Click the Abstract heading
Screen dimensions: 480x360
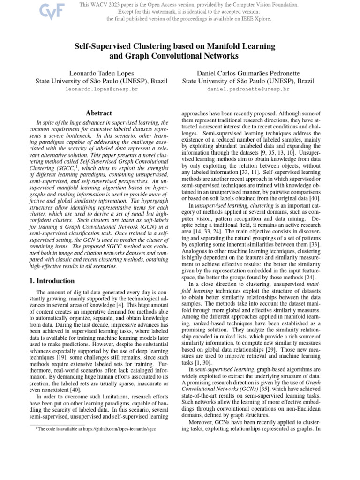pyautogui.click(x=98, y=113)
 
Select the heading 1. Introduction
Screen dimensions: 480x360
pyautogui.click(x=49, y=281)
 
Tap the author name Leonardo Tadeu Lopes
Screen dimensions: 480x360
pyautogui.click(x=101, y=73)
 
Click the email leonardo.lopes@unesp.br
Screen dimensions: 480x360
pyautogui.click(x=101, y=89)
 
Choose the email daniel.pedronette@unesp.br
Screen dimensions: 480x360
pyautogui.click(x=248, y=89)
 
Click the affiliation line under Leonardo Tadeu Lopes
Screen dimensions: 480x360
pyautogui.click(x=101, y=81)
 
